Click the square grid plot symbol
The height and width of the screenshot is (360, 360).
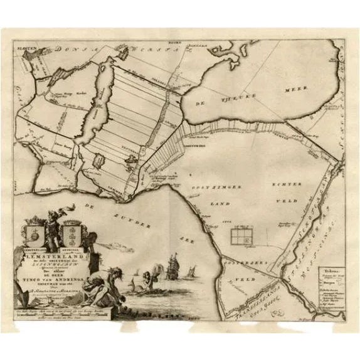[x=241, y=236]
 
